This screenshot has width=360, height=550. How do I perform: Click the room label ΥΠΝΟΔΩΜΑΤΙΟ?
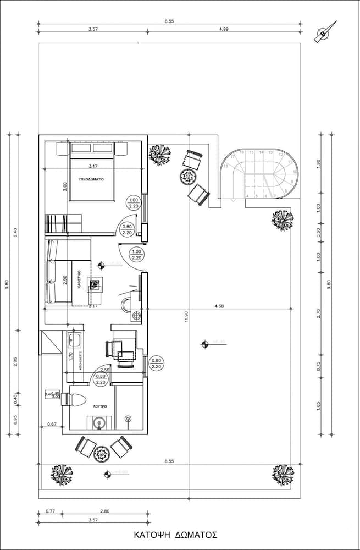[x=91, y=179]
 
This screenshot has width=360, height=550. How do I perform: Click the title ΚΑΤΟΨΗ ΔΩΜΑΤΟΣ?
[x=176, y=535]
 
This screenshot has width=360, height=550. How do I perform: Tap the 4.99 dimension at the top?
[x=224, y=29]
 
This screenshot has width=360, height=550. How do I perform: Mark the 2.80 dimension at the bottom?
[x=105, y=511]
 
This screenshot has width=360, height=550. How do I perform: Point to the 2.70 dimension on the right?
[x=319, y=314]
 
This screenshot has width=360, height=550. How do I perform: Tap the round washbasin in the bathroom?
[x=99, y=423]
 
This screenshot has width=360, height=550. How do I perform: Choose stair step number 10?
[x=295, y=172]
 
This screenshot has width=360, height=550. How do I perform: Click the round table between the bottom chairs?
[x=102, y=453]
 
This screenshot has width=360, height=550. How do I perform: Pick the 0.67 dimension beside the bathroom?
[x=52, y=424]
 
